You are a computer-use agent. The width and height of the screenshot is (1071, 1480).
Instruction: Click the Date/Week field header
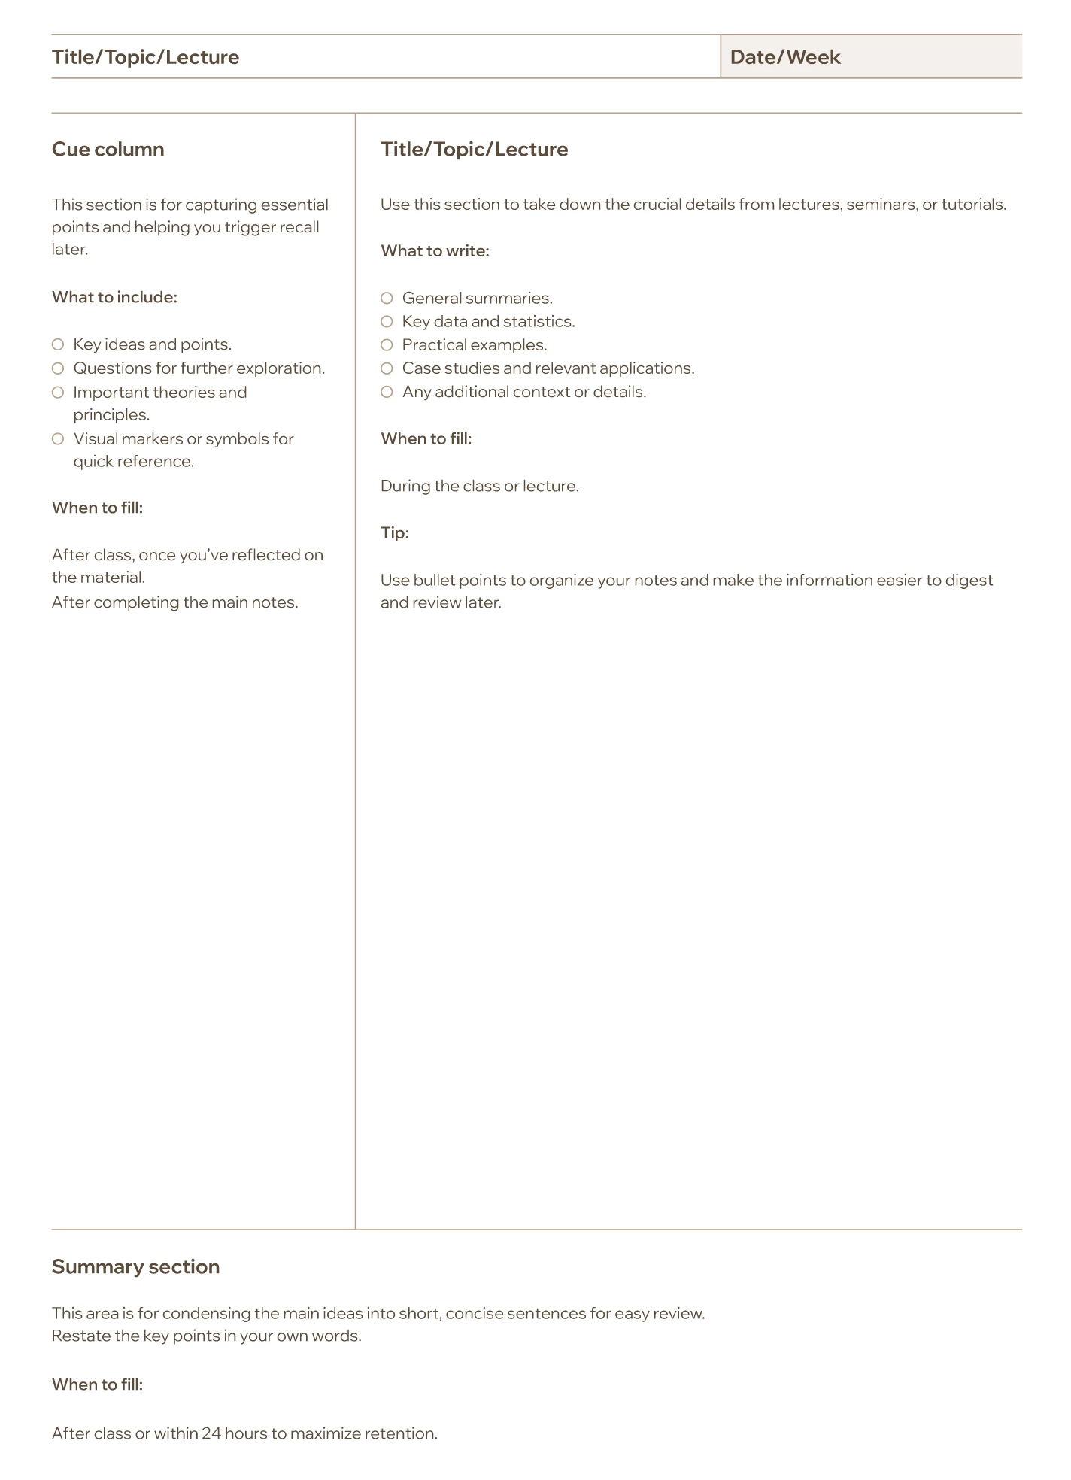(x=784, y=57)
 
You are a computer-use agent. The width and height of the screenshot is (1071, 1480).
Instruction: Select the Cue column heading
(x=108, y=149)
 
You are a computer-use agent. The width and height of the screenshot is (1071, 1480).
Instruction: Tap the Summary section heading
(x=135, y=1266)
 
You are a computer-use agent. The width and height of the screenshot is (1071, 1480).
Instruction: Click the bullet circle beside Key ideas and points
(x=58, y=344)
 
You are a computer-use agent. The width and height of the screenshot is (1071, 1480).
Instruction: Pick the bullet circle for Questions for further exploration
(x=58, y=368)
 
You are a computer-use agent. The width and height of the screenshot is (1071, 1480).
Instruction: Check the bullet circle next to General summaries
(x=387, y=298)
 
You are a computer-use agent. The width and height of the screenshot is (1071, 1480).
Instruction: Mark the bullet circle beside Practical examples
(x=387, y=345)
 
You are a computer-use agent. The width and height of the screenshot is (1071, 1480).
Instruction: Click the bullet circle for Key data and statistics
(x=387, y=322)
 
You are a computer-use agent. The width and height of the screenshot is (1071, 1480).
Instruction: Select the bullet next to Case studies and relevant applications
(x=387, y=368)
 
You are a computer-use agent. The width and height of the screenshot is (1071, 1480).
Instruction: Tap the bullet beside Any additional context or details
(x=387, y=392)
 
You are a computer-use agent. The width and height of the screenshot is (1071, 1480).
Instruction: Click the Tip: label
(x=394, y=532)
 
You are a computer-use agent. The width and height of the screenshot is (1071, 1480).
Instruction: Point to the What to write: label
(x=435, y=250)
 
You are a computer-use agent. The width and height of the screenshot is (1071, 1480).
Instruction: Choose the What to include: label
(x=114, y=297)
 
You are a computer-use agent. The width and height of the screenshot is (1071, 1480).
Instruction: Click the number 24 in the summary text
(x=211, y=1433)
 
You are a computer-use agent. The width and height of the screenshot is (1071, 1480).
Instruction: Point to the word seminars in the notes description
(x=881, y=205)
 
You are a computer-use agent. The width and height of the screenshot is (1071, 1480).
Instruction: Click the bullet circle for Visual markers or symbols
(x=58, y=439)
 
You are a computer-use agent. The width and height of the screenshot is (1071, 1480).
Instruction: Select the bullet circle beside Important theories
(x=58, y=393)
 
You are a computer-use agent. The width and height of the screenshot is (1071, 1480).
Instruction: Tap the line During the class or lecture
(x=479, y=486)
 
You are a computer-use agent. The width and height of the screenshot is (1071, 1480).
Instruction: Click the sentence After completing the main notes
(x=174, y=602)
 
